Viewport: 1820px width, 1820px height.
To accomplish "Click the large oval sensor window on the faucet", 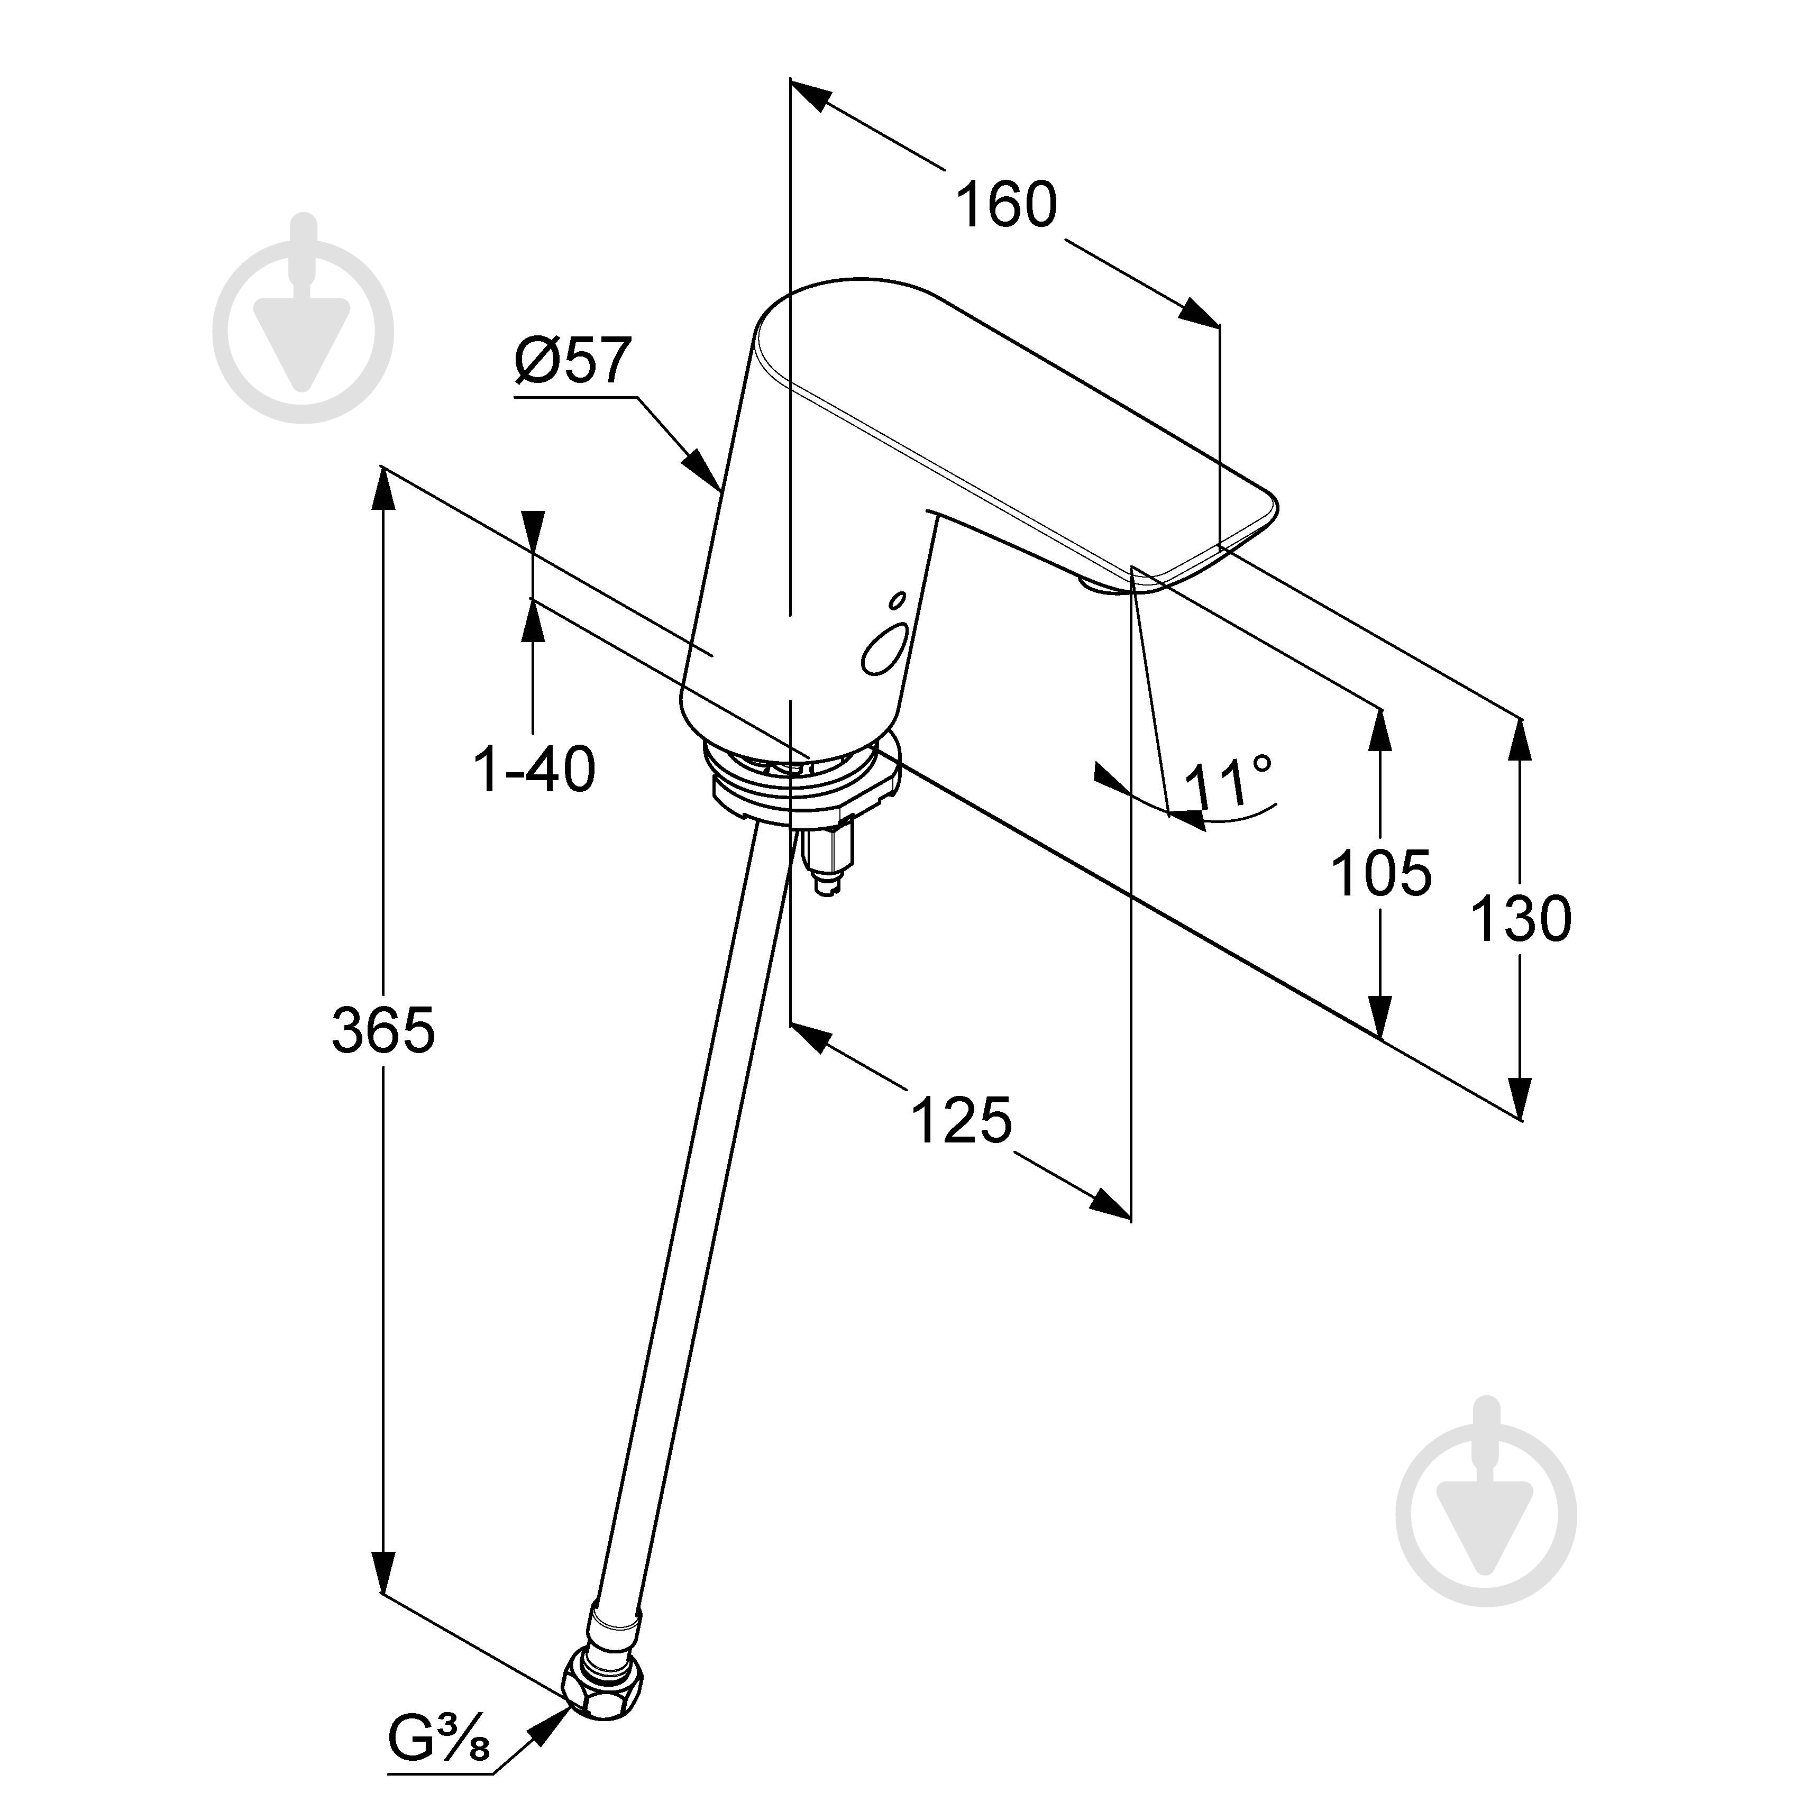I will (x=885, y=650).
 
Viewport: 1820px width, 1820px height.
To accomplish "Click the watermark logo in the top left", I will (x=304, y=318).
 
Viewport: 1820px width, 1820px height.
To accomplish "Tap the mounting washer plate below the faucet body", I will (x=801, y=782).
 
